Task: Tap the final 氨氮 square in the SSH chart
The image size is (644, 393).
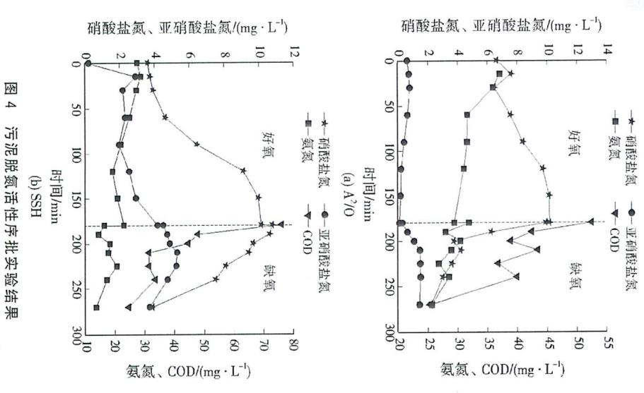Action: [x=96, y=308]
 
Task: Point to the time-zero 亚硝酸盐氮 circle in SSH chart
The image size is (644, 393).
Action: [x=88, y=63]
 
